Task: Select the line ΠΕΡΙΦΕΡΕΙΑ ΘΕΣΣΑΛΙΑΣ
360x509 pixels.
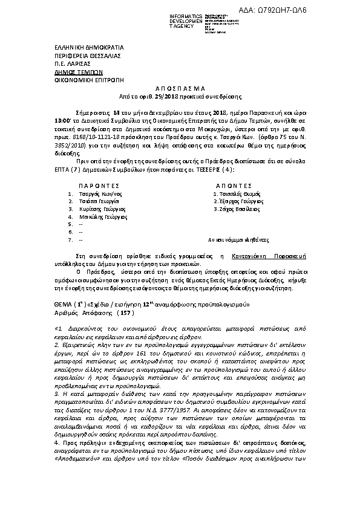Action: tap(79, 54)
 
